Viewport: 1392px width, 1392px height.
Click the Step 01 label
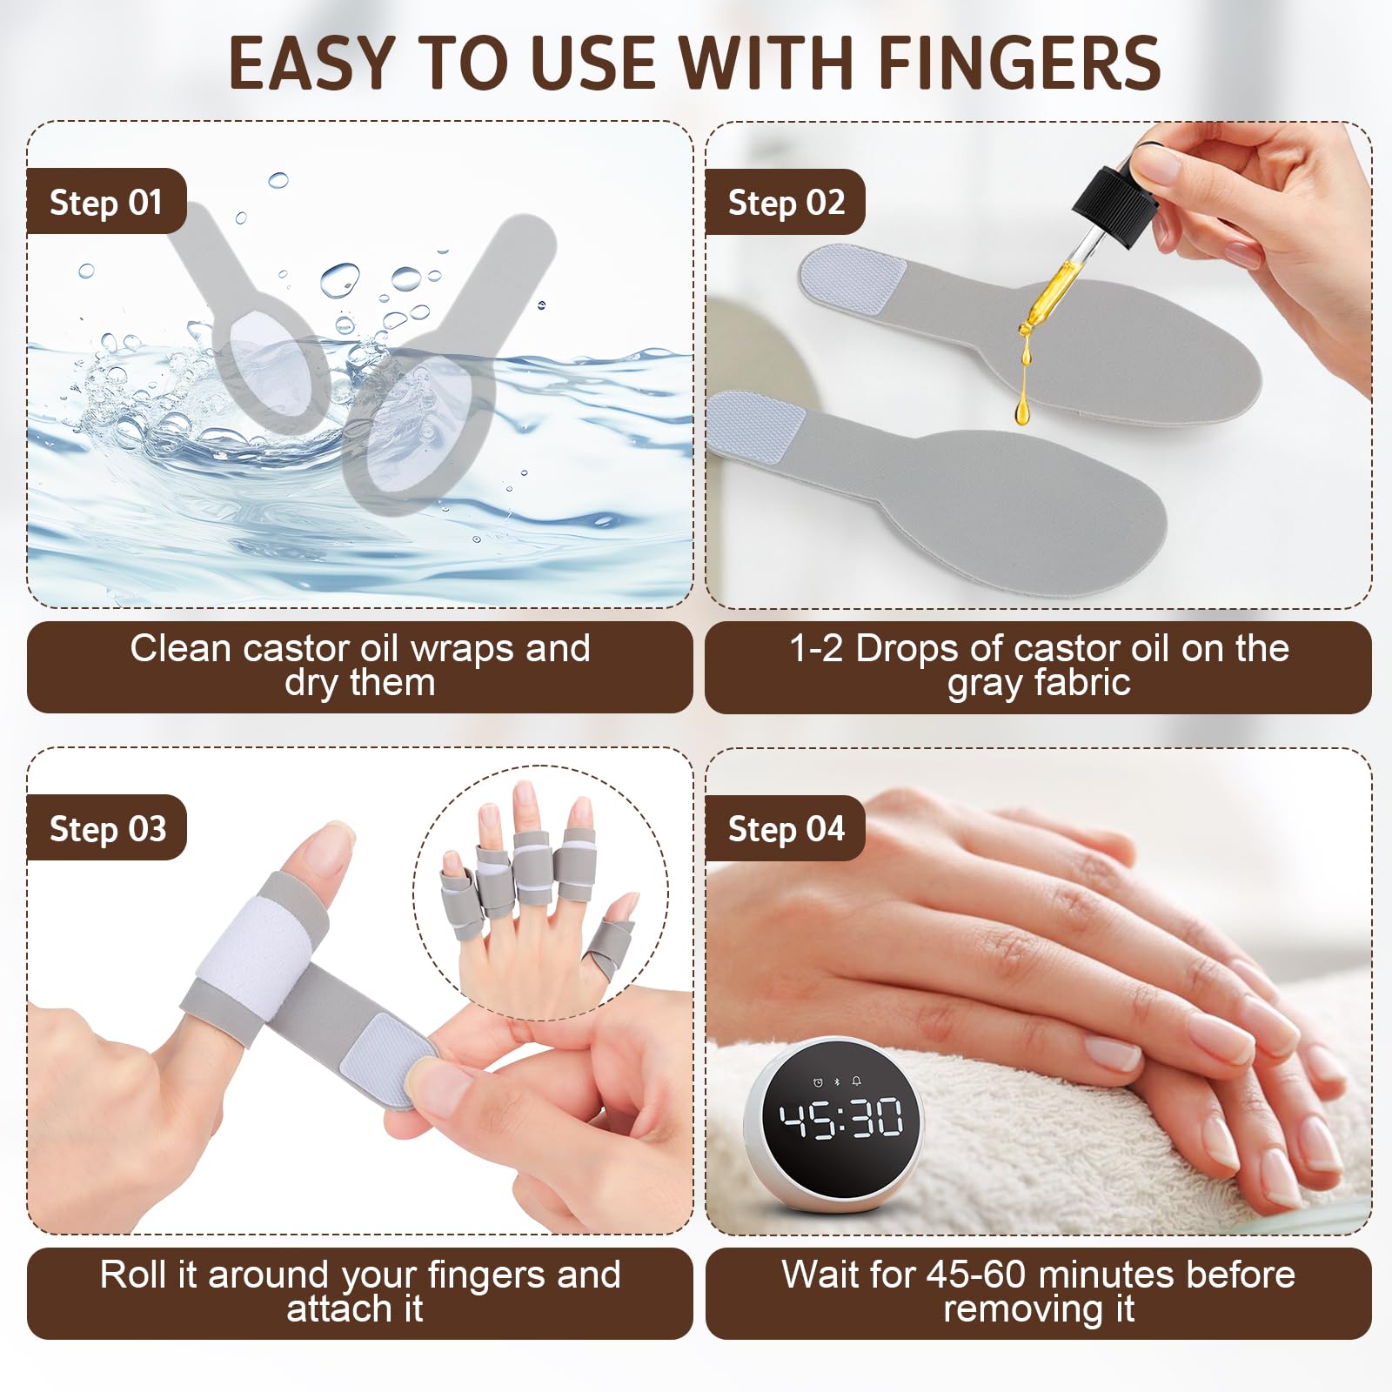pos(106,202)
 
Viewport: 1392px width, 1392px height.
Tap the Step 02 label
pos(786,202)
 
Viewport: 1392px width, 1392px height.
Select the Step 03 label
pos(107,828)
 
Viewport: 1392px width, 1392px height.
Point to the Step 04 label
pos(786,828)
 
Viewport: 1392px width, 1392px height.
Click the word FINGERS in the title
pos(1019,64)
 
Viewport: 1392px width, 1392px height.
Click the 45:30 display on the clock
pos(840,1119)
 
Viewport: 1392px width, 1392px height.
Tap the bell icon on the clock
pos(857,1081)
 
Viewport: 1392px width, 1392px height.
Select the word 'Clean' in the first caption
pos(181,648)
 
